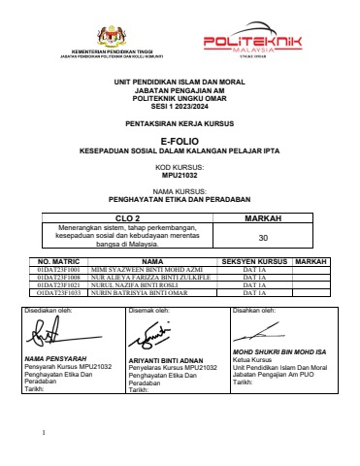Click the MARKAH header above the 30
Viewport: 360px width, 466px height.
pyautogui.click(x=262, y=219)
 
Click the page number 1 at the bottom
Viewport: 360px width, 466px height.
pyautogui.click(x=45, y=431)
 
